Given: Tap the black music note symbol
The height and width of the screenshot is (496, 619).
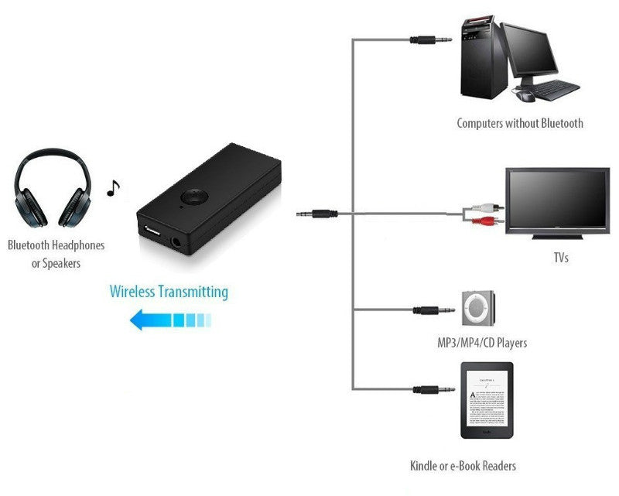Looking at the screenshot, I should tap(114, 188).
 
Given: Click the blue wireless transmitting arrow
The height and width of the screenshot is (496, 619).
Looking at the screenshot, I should tap(170, 319).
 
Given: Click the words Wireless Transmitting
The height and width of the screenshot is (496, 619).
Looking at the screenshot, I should tap(169, 292).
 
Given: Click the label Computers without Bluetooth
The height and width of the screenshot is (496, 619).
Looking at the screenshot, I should tap(519, 123).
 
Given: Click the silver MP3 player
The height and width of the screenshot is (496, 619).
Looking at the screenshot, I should tap(478, 310).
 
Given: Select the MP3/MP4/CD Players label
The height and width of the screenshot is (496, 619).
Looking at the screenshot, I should tap(482, 342).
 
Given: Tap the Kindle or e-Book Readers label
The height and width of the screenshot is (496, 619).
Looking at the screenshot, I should tap(463, 466).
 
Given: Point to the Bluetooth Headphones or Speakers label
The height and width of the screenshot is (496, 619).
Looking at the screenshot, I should tap(56, 254).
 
